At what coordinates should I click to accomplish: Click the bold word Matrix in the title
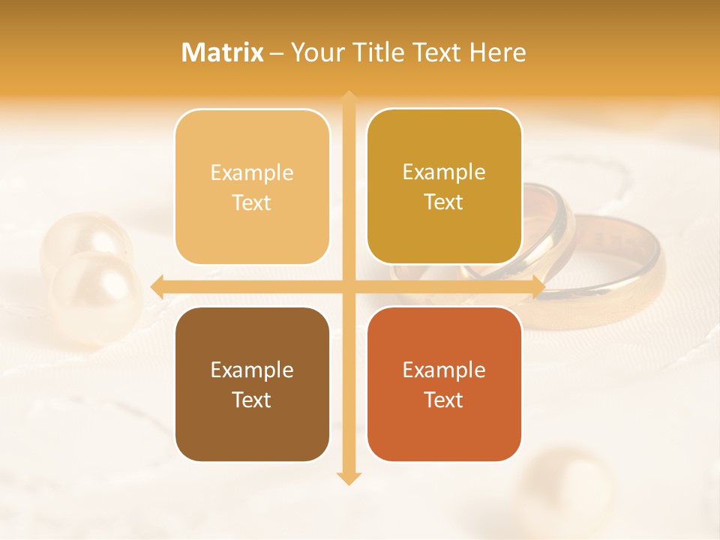tap(223, 52)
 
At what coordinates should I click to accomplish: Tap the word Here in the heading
tap(497, 52)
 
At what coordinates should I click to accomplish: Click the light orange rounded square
tap(252, 187)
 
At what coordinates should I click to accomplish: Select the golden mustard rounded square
tap(444, 187)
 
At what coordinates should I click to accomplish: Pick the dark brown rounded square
tap(252, 384)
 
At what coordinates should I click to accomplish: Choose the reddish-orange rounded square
tap(444, 384)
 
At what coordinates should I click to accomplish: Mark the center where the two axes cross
tap(348, 286)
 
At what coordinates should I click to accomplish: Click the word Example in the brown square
tap(252, 370)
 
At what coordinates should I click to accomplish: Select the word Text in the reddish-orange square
tap(444, 400)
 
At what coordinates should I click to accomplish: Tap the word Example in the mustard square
tap(444, 172)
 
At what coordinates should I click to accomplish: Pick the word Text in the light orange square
tap(252, 202)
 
